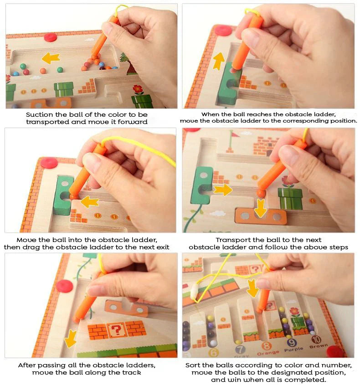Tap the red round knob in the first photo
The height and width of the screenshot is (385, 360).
click(x=50, y=37)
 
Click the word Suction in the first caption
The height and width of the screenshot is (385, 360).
click(x=39, y=115)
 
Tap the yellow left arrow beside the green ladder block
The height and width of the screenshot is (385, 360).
click(x=90, y=201)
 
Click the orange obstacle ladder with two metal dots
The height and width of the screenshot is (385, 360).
click(x=261, y=216)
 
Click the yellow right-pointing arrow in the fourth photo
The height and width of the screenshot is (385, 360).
click(x=223, y=190)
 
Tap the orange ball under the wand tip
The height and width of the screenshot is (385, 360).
click(x=260, y=193)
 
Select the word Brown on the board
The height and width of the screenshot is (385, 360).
click(x=319, y=347)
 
